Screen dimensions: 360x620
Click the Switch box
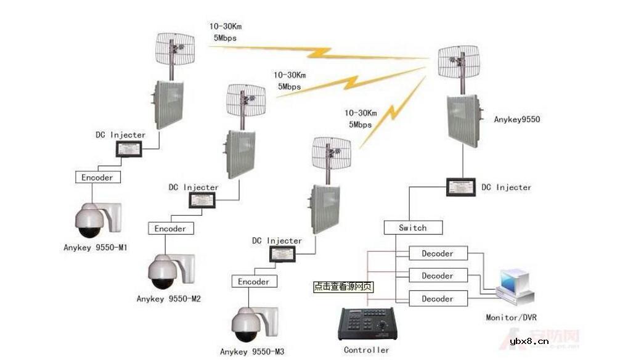click(413, 227)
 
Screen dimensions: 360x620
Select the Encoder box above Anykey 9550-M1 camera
click(98, 178)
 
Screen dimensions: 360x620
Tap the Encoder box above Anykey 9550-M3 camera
click(253, 282)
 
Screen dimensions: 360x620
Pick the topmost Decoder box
click(438, 253)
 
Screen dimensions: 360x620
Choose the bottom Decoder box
click(438, 299)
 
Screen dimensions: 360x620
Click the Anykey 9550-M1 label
click(95, 247)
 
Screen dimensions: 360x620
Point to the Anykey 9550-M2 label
click(169, 299)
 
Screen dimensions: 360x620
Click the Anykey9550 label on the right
click(516, 120)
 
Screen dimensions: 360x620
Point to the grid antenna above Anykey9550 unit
click(459, 62)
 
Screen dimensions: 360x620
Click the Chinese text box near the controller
click(343, 287)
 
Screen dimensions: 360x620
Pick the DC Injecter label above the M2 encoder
click(194, 187)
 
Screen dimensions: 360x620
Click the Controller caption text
click(367, 350)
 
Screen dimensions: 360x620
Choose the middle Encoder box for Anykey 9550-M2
click(170, 229)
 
